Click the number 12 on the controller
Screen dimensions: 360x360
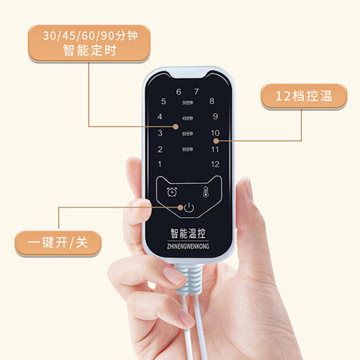point(215,164)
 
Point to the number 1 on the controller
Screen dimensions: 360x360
point(161,164)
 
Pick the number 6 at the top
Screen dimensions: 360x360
point(179,91)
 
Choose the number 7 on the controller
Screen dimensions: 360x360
point(196,91)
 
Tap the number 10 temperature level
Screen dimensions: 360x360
point(215,132)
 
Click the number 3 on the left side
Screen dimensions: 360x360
point(160,133)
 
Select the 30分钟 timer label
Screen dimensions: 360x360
point(188,102)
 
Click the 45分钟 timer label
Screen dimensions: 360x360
point(188,118)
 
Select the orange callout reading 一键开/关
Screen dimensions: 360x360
point(59,242)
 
